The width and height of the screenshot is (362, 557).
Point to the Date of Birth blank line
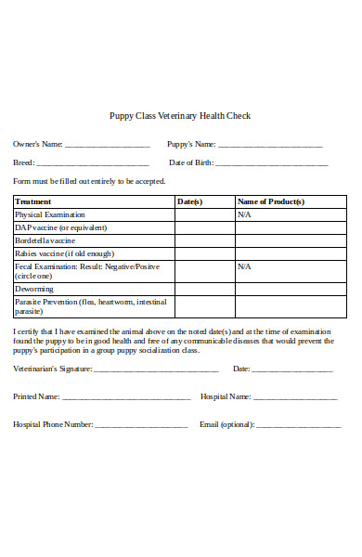pos(272,164)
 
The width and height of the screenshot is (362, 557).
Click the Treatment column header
pos(33,201)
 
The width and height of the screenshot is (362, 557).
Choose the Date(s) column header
pos(189,201)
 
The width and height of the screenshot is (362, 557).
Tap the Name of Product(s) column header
pos(271,201)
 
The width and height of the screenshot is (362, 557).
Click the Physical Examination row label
pos(49,214)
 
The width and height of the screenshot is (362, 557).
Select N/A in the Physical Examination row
pos(244,214)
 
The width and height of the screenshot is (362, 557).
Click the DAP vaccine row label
pos(58,227)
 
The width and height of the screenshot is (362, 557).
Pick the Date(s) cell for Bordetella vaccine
pos(204,240)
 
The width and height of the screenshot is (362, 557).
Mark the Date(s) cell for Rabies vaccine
pos(204,253)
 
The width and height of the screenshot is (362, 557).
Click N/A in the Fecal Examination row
pos(244,266)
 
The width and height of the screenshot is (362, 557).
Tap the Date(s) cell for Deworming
pos(204,289)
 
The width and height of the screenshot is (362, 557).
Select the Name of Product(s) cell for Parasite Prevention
pos(291,306)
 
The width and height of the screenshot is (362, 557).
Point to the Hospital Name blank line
pos(294,397)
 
